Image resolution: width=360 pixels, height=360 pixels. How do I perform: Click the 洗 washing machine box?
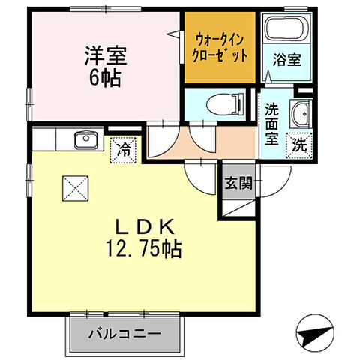299,145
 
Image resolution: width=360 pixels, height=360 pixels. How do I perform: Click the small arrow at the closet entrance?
175,34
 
